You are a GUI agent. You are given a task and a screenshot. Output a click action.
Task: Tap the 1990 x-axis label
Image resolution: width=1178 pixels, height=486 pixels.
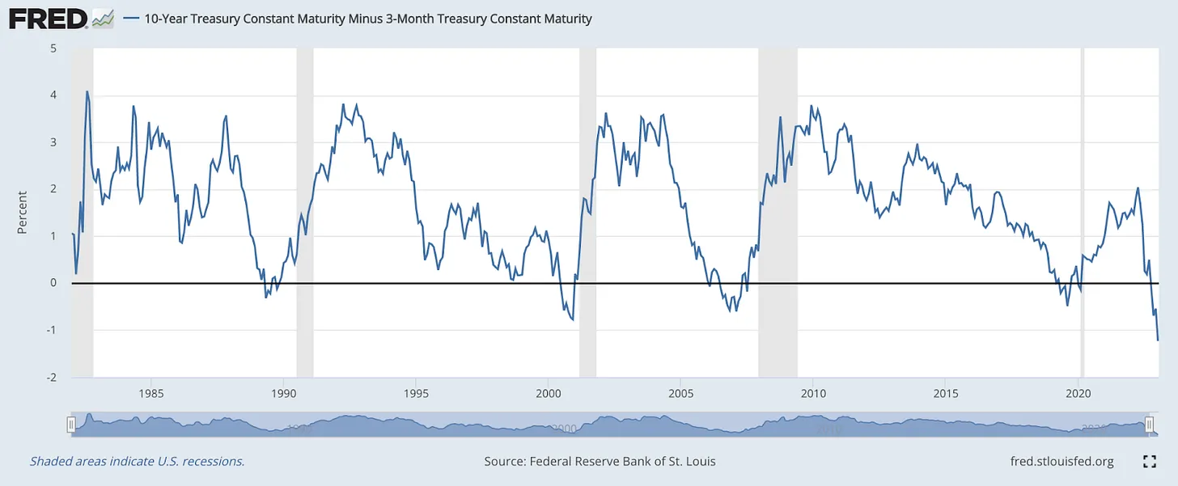(x=283, y=394)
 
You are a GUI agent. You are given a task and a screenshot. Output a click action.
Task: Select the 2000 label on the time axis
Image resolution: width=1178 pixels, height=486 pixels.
(x=548, y=394)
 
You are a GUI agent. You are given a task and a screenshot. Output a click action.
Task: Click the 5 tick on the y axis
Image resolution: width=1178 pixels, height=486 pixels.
(x=53, y=48)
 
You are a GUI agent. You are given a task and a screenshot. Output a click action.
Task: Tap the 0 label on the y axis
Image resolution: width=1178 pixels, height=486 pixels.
(x=53, y=283)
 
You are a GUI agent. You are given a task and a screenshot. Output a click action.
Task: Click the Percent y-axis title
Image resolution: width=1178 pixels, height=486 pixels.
(x=22, y=213)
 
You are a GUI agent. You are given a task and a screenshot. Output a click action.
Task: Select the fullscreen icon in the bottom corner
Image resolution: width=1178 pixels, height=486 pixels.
(x=1149, y=462)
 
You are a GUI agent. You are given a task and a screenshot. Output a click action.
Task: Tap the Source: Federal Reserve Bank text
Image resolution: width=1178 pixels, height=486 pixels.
(x=600, y=462)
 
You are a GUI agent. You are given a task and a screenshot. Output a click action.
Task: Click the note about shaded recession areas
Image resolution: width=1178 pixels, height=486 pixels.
(x=137, y=462)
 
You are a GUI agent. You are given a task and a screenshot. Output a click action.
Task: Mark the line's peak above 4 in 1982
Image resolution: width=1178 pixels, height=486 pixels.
(x=87, y=91)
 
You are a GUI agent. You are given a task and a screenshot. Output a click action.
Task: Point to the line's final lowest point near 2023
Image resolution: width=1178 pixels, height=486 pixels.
(x=1158, y=340)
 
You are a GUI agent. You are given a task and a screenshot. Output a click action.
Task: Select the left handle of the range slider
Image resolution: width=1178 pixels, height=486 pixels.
(x=71, y=425)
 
